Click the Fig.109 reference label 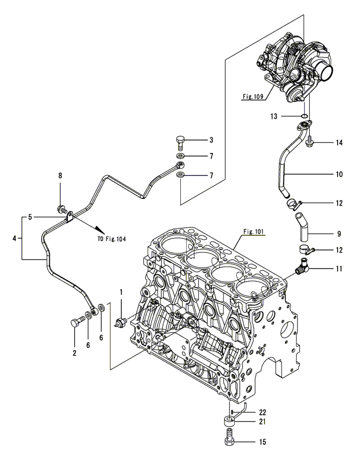(x=254, y=97)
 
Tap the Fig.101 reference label (x=254, y=232)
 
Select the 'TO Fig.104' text (x=113, y=239)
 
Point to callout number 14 (x=339, y=142)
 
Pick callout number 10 (x=339, y=174)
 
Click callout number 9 (x=339, y=233)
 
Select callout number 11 (x=339, y=269)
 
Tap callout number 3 (x=211, y=140)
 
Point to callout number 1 (x=121, y=292)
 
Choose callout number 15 (x=262, y=442)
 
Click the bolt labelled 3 (x=181, y=142)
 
